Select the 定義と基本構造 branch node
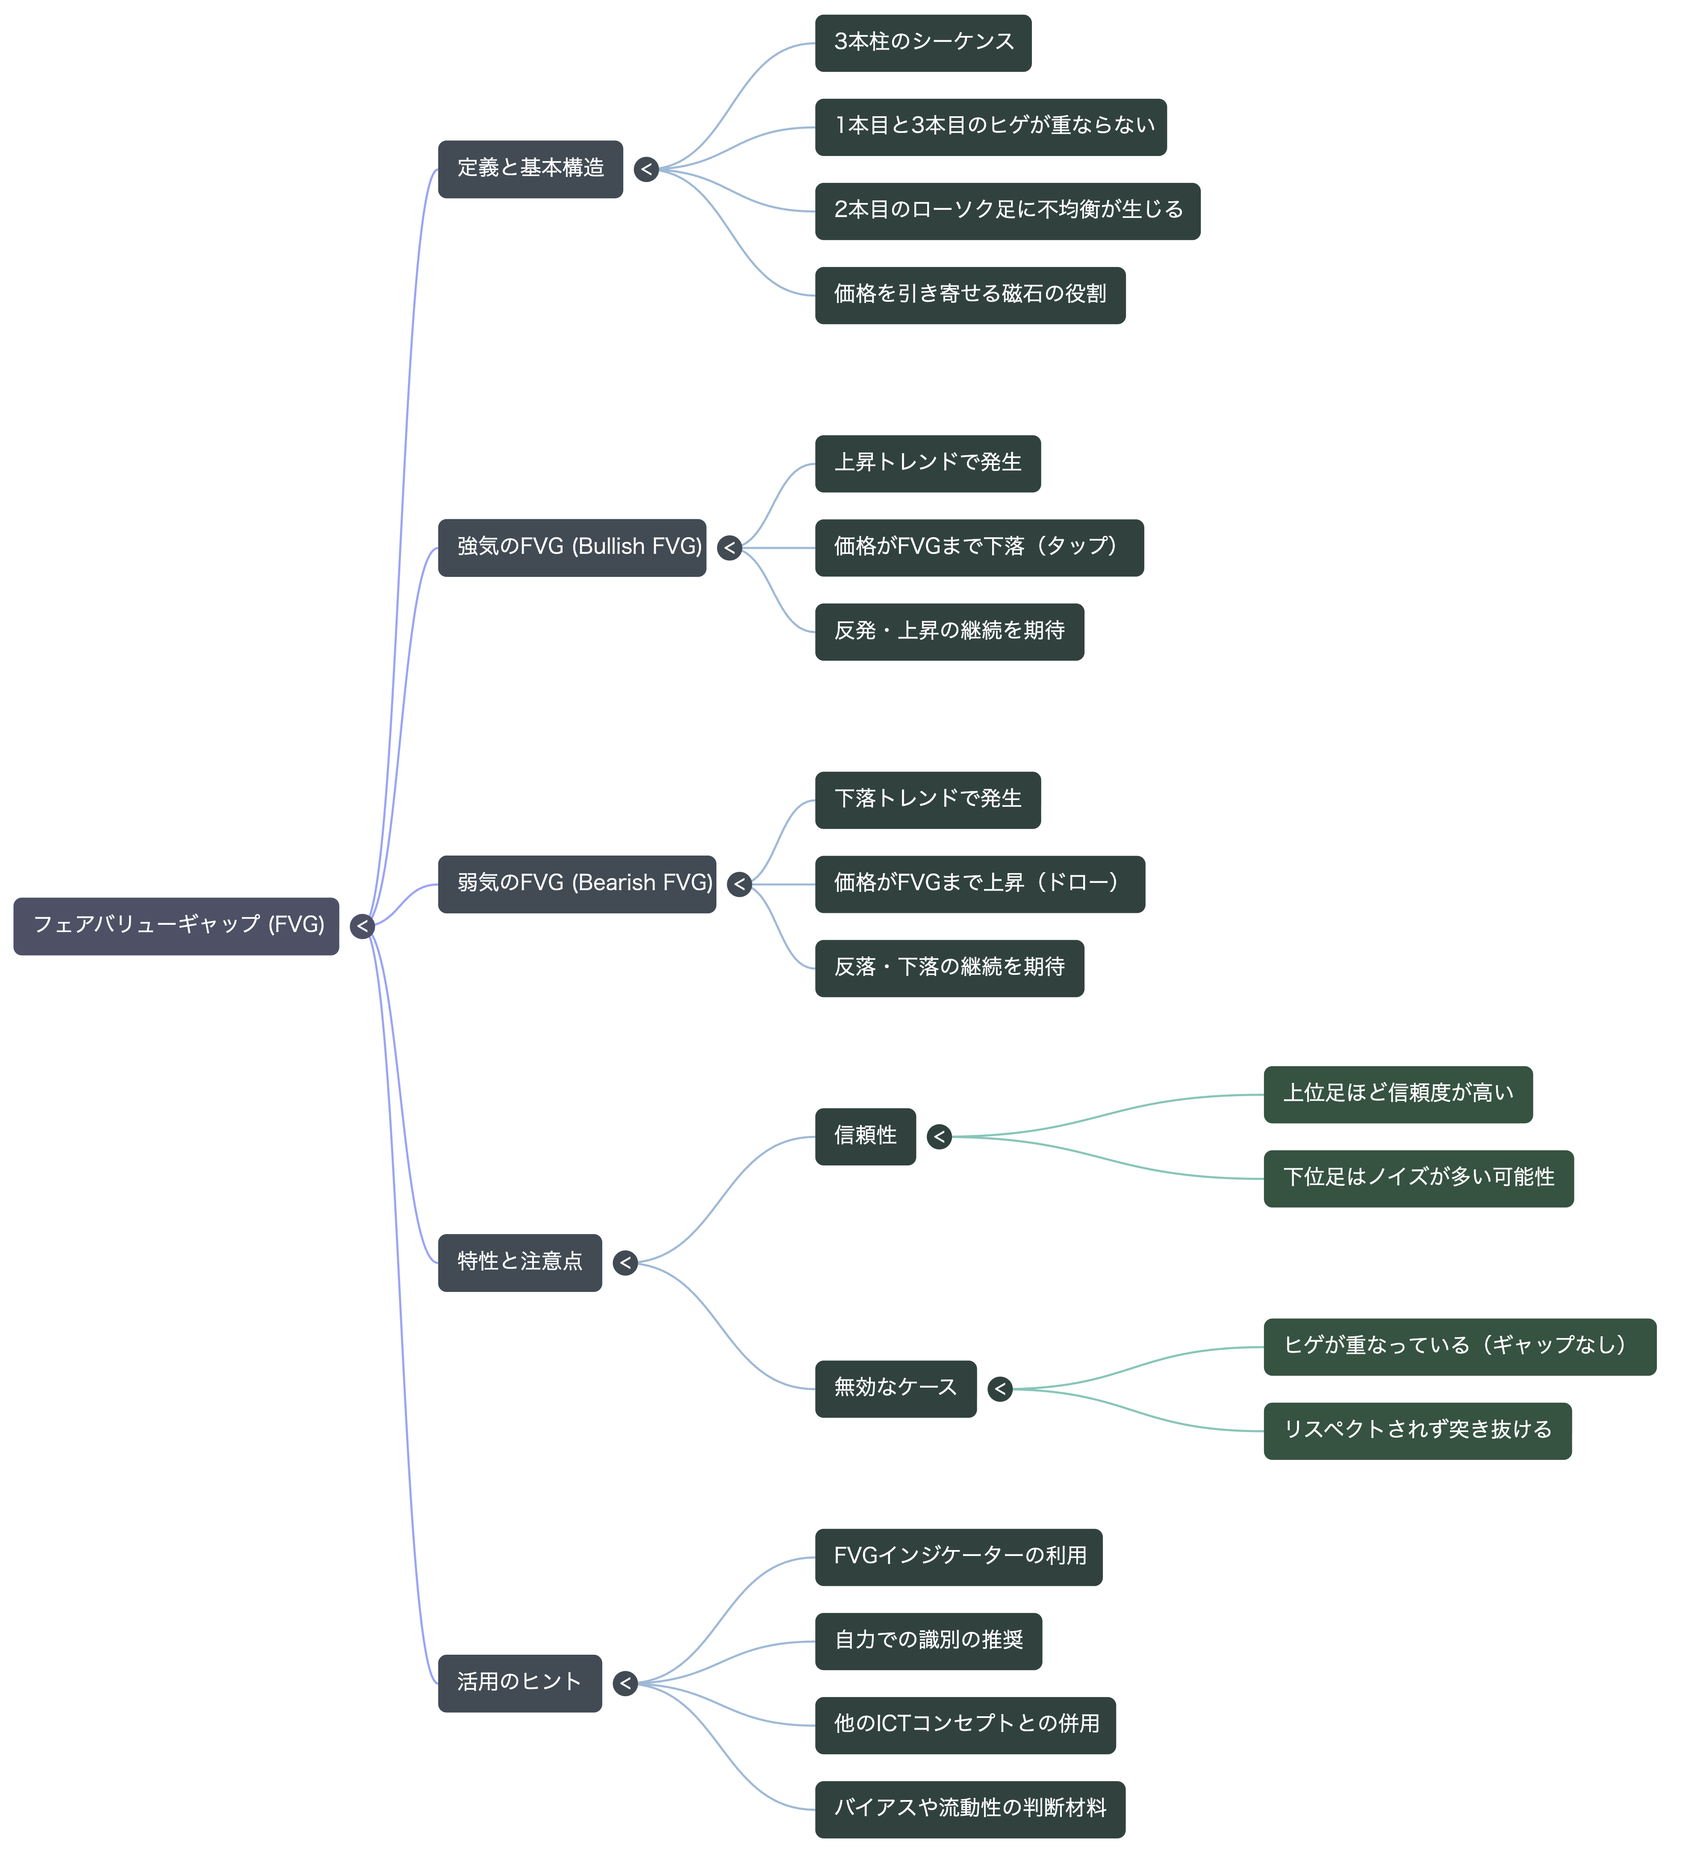[x=531, y=169]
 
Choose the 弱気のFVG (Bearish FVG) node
[x=577, y=884]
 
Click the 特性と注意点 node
[x=520, y=1262]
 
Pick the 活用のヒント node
[x=520, y=1683]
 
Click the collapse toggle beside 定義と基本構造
[x=646, y=169]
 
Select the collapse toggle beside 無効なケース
[x=1000, y=1389]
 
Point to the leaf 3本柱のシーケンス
[x=923, y=42]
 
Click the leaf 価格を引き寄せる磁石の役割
[x=970, y=295]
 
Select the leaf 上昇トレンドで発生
[x=928, y=463]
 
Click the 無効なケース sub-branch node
[x=896, y=1389]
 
